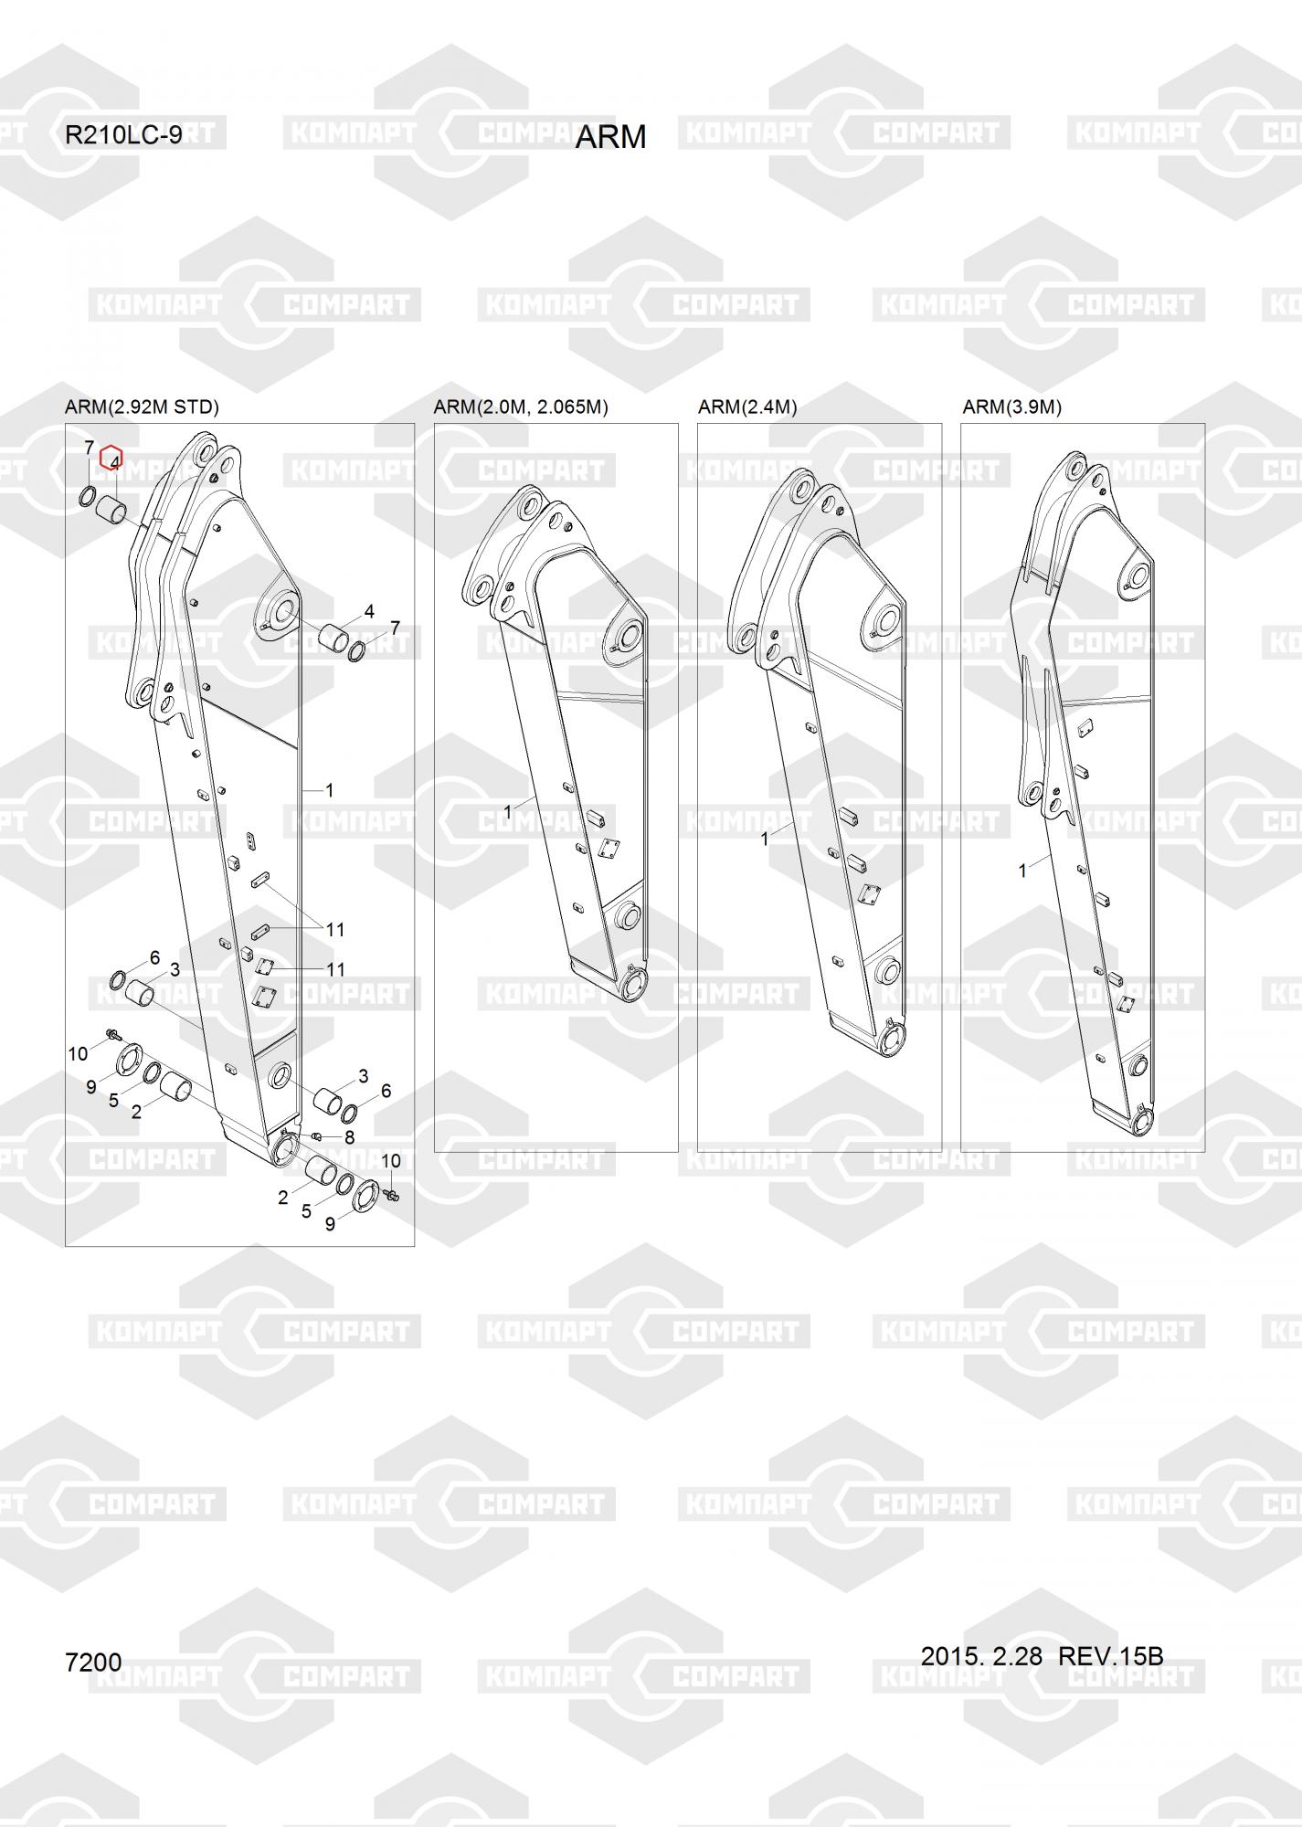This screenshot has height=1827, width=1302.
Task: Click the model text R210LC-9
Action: point(123,135)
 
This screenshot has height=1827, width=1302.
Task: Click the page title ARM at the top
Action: point(610,137)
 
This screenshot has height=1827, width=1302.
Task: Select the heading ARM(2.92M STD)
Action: point(142,407)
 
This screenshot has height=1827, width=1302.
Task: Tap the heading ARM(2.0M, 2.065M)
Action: point(521,407)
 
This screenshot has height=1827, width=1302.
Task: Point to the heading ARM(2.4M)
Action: point(747,407)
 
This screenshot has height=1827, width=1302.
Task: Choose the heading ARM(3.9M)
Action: point(1011,407)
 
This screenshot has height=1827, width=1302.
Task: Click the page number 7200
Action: point(93,1662)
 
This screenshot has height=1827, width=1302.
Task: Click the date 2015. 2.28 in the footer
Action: point(981,1655)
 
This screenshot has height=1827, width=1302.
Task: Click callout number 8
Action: point(349,1137)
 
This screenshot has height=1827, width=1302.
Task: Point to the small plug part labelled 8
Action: point(316,1135)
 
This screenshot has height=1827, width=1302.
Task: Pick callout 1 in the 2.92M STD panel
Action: point(329,790)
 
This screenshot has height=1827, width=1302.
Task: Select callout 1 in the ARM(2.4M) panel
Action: point(765,839)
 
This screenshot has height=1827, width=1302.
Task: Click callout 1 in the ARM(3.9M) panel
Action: point(1022,871)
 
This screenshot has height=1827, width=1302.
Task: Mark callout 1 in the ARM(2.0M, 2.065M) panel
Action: point(508,811)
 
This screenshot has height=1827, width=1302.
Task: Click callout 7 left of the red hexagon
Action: point(90,448)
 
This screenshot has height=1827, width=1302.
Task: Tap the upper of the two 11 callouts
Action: point(335,930)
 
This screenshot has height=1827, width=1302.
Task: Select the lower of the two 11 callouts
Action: point(335,969)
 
